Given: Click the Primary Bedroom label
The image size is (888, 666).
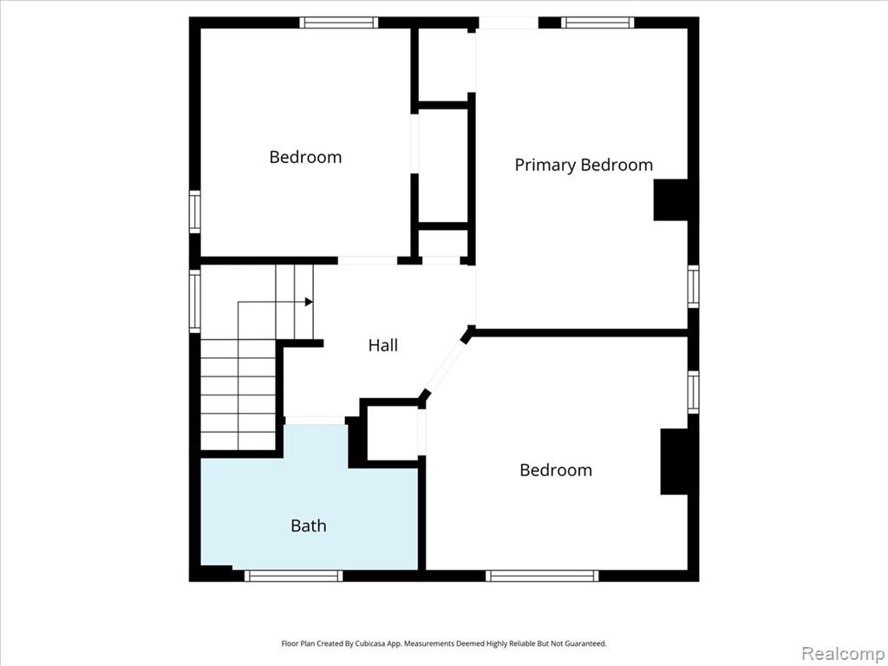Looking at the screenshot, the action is coord(584,165).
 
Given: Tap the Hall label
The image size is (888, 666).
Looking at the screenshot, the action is coord(382,345).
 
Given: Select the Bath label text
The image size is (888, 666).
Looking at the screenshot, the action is coord(308,526).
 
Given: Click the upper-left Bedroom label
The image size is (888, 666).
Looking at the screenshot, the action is coord(305,157).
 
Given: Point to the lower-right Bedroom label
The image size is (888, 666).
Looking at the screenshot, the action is coord(556,470).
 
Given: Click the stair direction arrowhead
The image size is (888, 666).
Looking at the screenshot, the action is coord(309,302).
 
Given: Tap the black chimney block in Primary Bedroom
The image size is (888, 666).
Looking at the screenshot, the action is coord(671,200).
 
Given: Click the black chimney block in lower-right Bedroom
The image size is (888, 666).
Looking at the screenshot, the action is coord(675,461).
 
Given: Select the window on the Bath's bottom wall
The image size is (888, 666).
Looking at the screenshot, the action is coord(293,576).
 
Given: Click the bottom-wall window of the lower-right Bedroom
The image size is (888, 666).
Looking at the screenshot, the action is coord(542,576).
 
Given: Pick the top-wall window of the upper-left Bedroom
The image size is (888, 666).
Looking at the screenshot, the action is coord(339,23).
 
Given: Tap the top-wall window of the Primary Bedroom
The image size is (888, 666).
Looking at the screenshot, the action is coord(597,23).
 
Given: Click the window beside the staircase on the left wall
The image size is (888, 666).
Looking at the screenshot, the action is coord(195,301).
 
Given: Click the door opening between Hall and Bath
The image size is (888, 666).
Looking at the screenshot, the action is coord(315,421).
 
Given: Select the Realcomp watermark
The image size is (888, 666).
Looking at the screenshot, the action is coord(843,653).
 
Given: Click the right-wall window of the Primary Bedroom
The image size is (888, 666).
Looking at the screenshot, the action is coord(694,286).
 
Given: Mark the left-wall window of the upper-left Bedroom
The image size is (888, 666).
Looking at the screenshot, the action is coord(195,212).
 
